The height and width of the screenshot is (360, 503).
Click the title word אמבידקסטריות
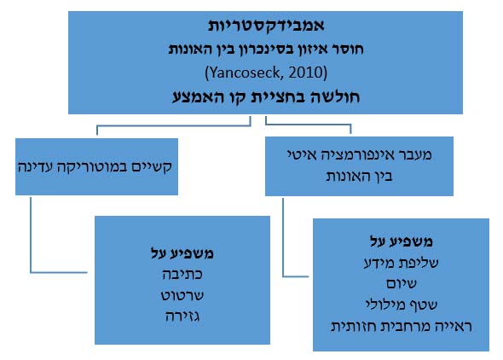[x=266, y=26]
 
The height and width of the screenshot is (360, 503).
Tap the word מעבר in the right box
[x=415, y=155]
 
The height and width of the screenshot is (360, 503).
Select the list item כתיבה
[x=182, y=275]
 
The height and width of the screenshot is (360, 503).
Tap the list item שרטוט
[x=182, y=295]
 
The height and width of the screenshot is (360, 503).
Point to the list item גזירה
[x=182, y=316]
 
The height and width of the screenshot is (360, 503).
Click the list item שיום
[x=401, y=283]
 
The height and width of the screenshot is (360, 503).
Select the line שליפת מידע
[x=401, y=263]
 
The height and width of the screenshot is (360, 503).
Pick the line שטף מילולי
[x=401, y=305]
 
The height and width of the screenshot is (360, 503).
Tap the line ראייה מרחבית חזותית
[x=401, y=327]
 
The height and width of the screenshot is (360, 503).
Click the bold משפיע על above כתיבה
[x=182, y=253]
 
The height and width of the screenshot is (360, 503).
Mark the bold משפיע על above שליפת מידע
[x=401, y=241]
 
